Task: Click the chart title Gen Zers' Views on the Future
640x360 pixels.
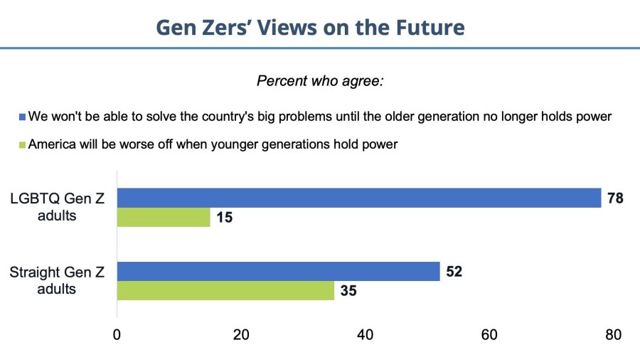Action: (x=310, y=27)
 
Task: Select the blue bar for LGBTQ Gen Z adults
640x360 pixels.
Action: (x=359, y=198)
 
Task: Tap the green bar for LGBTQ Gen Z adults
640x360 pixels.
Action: (x=164, y=217)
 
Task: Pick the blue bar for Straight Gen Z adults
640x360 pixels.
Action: (x=278, y=271)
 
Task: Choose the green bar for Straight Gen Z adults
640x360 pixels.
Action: (x=225, y=290)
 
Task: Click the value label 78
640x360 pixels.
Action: (x=615, y=198)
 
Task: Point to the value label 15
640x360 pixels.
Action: (x=224, y=217)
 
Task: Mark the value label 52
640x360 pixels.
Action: (x=454, y=271)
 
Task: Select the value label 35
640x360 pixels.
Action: (x=348, y=290)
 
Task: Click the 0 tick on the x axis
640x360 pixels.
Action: (x=117, y=334)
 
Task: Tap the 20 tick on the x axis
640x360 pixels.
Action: (x=241, y=334)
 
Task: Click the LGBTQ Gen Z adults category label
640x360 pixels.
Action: (x=58, y=206)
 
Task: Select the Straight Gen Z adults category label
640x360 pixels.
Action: (x=58, y=280)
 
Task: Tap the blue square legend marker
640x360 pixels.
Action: (x=22, y=117)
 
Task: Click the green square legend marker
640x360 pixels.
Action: (x=22, y=144)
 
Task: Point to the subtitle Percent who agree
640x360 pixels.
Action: (x=320, y=80)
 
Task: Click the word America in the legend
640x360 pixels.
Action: (x=54, y=144)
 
